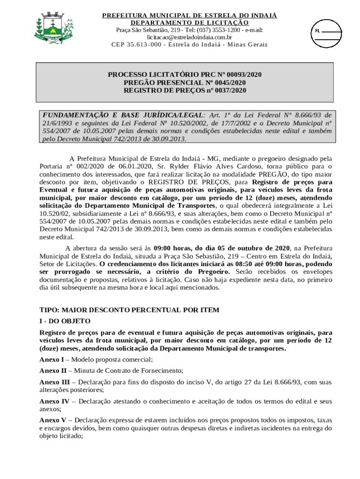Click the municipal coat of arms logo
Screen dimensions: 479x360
[x=53, y=29]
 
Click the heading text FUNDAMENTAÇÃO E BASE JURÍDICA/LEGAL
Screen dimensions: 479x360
[x=123, y=115]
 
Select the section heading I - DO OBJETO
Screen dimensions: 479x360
[x=65, y=321]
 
